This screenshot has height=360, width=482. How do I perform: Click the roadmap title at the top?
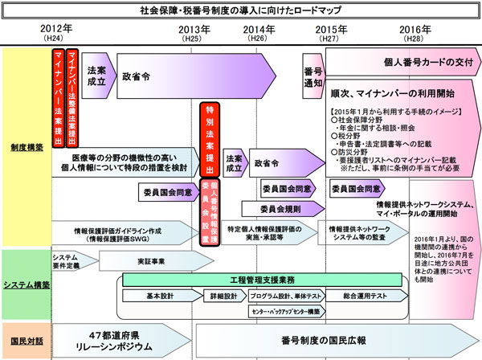[241, 11]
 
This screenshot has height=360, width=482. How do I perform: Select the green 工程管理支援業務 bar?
[262, 279]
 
